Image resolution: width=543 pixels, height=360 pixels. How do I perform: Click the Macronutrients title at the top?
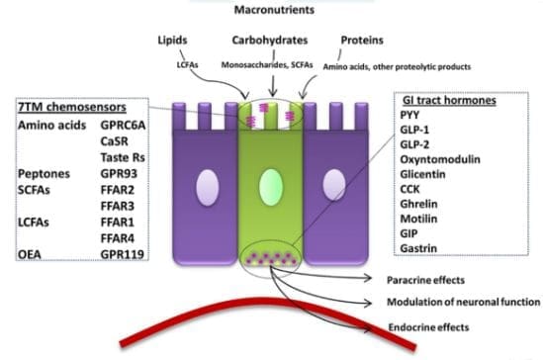click(271, 8)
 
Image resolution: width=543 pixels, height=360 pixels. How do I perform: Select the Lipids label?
click(174, 43)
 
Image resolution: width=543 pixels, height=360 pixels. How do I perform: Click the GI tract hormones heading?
click(443, 101)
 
